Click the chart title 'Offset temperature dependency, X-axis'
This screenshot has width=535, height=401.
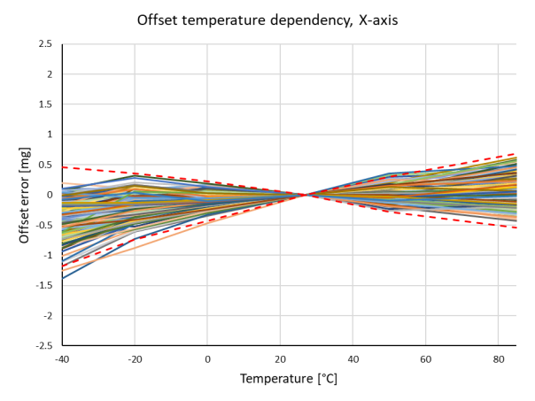267,19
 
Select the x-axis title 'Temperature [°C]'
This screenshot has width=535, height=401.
288,379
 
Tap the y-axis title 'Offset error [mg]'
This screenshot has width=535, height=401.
24,196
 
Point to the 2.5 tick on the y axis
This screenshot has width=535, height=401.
44,43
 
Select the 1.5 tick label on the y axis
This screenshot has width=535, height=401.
44,104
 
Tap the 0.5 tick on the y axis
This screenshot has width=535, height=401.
44,165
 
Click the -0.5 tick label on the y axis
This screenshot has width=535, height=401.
43,225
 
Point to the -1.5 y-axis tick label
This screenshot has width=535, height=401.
43,286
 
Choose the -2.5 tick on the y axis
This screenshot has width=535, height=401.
43,346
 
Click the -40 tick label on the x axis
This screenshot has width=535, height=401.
61,359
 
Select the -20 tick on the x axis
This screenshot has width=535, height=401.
134,359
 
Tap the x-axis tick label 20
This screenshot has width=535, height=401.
280,359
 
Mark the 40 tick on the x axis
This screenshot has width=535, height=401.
353,359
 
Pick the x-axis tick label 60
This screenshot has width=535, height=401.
425,359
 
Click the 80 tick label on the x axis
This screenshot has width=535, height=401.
498,359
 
